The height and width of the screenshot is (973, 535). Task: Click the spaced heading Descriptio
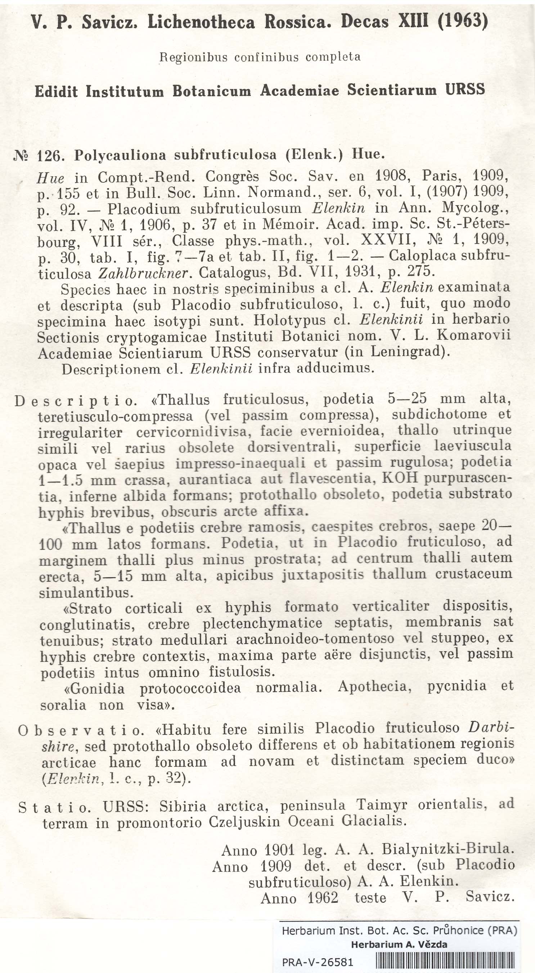(76, 400)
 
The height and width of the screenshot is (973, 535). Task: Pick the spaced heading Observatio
(81, 730)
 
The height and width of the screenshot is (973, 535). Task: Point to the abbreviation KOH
(400, 478)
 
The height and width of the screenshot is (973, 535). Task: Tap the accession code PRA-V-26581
(318, 962)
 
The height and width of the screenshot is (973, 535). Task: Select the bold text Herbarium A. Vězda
(399, 945)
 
